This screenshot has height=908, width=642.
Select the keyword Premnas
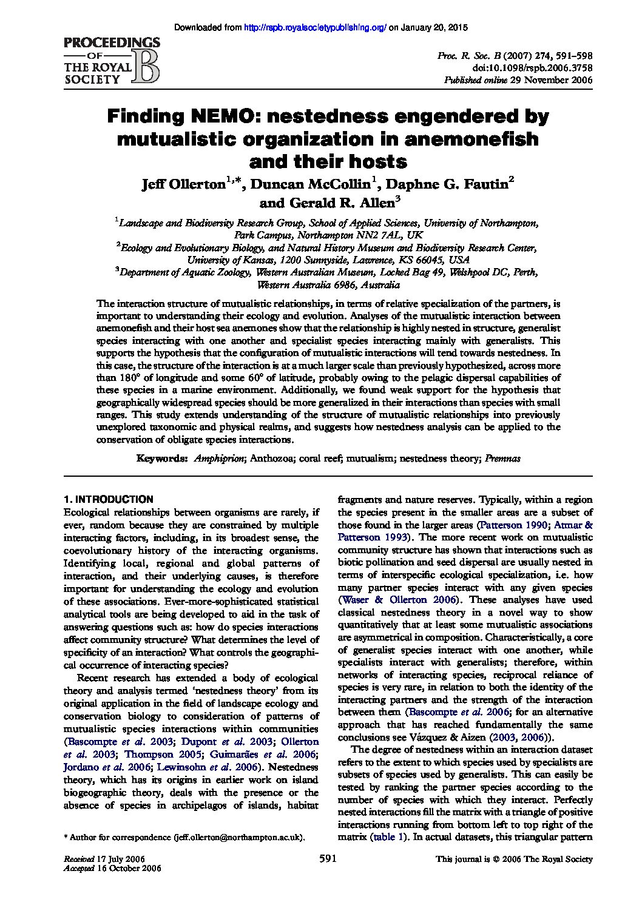502,460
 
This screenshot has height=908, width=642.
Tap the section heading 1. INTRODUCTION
109,500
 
